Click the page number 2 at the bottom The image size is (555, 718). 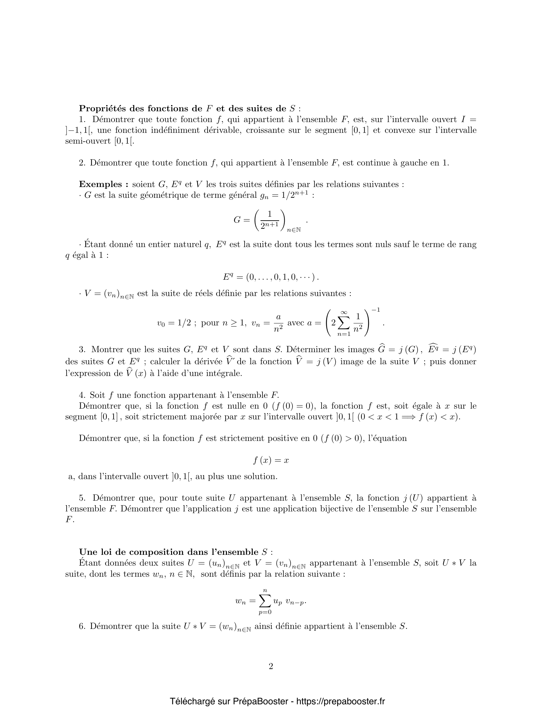(271, 666)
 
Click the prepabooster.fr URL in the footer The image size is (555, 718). (341, 701)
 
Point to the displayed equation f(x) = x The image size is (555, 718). (271, 460)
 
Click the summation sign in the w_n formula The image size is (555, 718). (265, 601)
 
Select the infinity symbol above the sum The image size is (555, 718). (344, 312)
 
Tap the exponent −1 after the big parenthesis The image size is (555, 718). (376, 310)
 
